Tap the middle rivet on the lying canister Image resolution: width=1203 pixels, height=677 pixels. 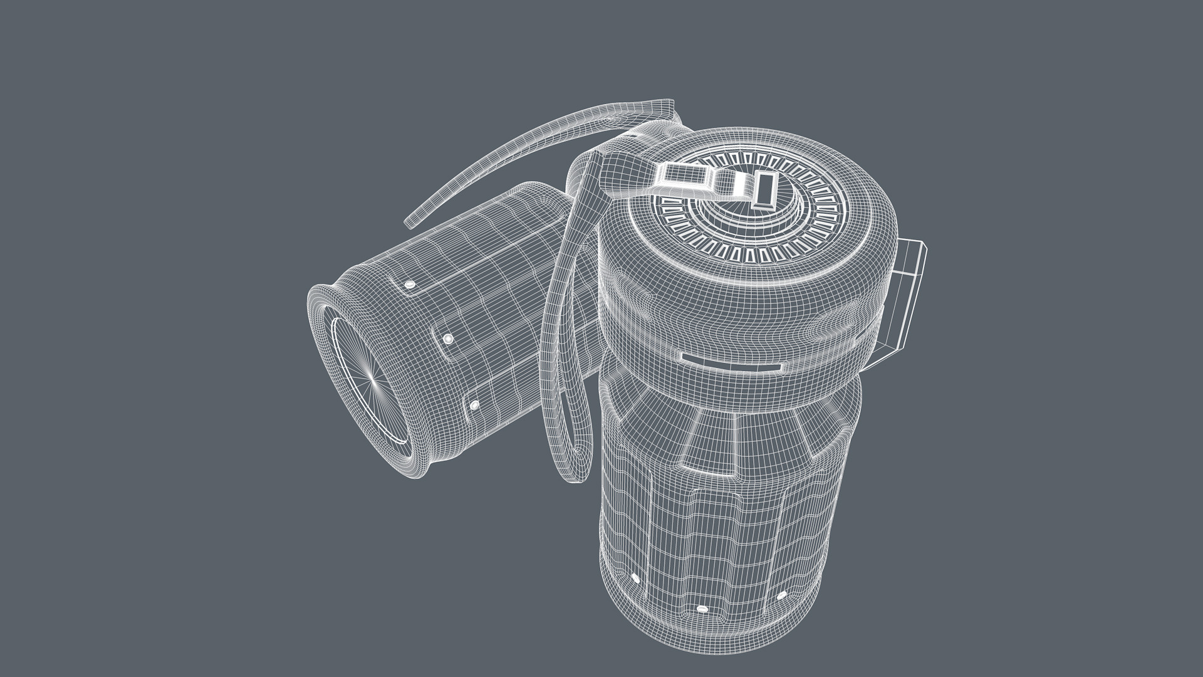coord(448,339)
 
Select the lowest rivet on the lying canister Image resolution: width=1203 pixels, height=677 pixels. coord(474,406)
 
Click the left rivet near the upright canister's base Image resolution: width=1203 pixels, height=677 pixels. coord(634,577)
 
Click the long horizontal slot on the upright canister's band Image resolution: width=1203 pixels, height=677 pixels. coord(732,362)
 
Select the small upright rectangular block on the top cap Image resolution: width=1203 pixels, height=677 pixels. coord(766,190)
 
